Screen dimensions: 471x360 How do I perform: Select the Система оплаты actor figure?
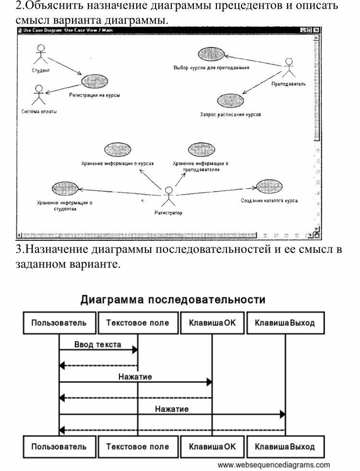(39, 94)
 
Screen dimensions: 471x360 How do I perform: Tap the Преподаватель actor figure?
(288, 68)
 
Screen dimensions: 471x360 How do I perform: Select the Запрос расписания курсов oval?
(230, 100)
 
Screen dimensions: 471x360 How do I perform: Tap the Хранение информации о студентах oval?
(64, 188)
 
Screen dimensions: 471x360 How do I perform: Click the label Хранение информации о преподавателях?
(200, 166)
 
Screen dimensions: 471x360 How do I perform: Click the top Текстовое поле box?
(137, 323)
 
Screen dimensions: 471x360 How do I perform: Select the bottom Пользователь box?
(59, 447)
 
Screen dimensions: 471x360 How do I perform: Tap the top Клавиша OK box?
(212, 323)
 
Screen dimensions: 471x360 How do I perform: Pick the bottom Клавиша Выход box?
(285, 447)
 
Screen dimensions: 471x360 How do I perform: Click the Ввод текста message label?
(98, 344)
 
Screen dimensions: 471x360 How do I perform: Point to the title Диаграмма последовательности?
(172, 300)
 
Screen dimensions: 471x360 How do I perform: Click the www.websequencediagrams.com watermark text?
(274, 465)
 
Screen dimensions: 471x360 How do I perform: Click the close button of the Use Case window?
(317, 30)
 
